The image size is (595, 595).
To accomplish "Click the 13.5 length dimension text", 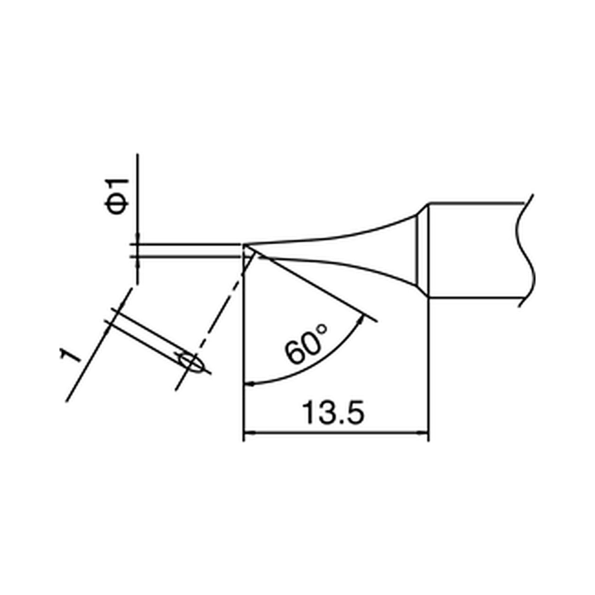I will pyautogui.click(x=333, y=412).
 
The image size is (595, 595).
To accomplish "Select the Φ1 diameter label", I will pyautogui.click(x=116, y=196).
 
